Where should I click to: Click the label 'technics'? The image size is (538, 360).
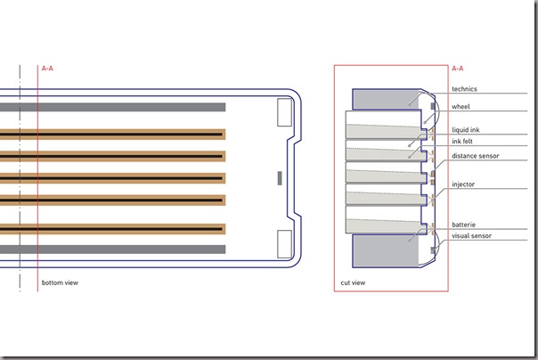465,89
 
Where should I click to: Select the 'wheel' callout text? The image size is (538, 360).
461,107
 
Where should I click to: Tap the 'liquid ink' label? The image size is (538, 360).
467,129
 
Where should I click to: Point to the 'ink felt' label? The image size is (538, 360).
463,141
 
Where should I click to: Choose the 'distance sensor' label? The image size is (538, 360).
475,156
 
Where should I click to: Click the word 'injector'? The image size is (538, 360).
463,184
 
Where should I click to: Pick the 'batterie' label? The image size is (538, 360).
463,225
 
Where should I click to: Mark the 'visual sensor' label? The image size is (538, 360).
472,236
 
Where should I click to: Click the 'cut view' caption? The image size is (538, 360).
353,282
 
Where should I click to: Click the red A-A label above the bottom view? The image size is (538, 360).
47,68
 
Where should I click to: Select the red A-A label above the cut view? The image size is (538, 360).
458,68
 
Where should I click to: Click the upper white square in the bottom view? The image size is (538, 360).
286,111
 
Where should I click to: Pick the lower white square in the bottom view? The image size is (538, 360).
286,242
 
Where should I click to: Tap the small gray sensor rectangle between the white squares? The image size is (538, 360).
280,178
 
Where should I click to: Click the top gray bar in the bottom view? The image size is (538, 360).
112,107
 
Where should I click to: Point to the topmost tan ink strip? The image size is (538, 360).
112,134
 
